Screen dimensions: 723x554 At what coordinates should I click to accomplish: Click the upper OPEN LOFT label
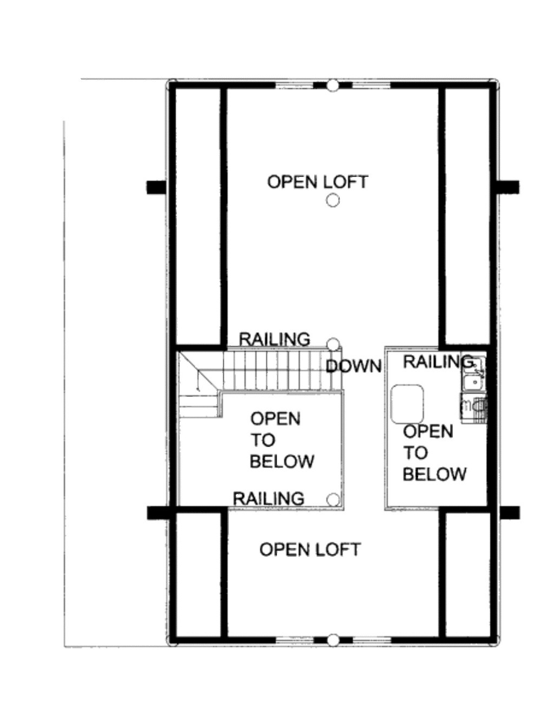pos(318,182)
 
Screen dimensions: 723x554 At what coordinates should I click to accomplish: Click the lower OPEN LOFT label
pos(310,550)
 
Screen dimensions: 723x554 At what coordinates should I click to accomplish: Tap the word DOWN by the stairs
pos(354,366)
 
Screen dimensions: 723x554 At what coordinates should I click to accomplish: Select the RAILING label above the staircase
pos(275,339)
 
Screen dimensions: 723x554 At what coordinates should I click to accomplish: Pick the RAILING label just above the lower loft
pos(268,498)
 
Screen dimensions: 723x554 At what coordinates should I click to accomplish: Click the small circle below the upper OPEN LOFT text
pos(333,201)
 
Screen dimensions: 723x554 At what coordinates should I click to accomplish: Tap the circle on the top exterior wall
pos(333,85)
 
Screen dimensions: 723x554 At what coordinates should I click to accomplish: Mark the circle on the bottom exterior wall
pos(333,640)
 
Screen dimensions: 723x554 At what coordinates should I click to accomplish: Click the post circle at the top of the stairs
pos(334,344)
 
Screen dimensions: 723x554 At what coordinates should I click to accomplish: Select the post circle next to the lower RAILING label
pos(333,498)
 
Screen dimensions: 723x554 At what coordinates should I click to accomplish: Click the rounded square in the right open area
pos(407,404)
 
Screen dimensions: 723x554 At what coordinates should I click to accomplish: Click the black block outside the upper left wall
pos(156,187)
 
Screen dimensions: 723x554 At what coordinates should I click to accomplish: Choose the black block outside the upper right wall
pos(509,187)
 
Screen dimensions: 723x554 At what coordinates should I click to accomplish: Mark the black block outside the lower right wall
pos(510,512)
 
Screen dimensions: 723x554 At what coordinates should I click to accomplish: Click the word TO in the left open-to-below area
pos(262,440)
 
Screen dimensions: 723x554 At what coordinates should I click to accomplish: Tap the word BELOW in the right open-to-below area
pos(434,474)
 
